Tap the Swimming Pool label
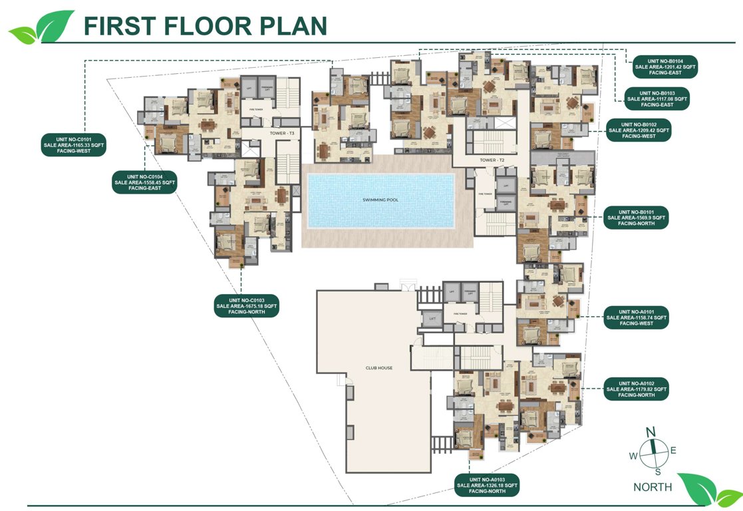tap(379, 200)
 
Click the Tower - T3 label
tap(282, 134)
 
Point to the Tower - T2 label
tap(493, 161)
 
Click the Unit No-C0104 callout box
tap(145, 182)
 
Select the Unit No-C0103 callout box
tap(246, 306)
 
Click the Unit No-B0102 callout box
tap(639, 130)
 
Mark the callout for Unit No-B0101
tap(635, 218)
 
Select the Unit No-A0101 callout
tap(635, 318)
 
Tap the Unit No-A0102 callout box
tap(635, 389)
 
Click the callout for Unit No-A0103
tap(487, 486)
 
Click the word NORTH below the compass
tap(652, 487)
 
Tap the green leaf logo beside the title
tap(42, 27)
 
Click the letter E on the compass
tap(673, 450)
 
